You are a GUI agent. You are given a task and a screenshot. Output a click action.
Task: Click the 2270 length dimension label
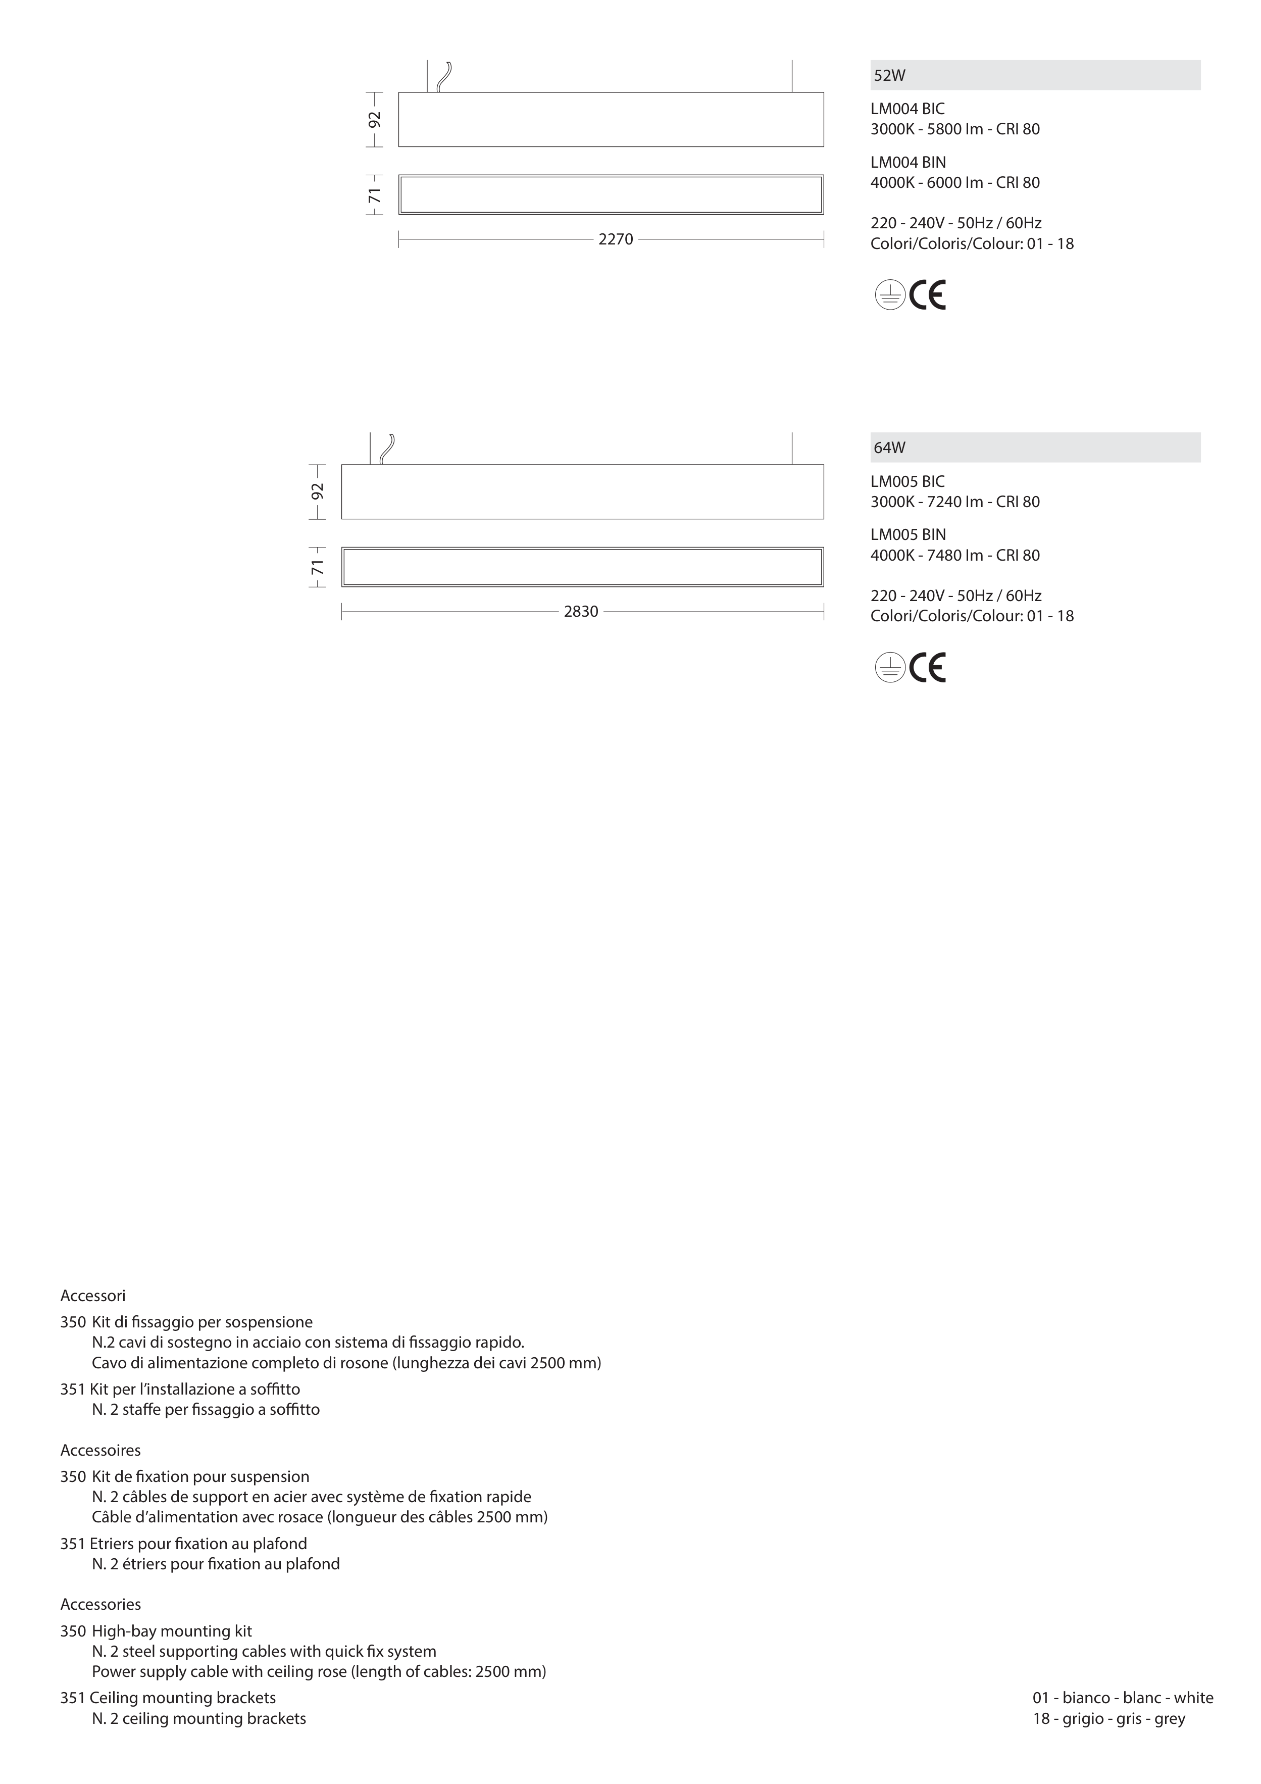pyautogui.click(x=615, y=239)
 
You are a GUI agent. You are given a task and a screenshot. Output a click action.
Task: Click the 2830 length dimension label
pyautogui.click(x=581, y=612)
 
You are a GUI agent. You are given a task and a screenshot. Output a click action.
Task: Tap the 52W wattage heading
pyautogui.click(x=890, y=75)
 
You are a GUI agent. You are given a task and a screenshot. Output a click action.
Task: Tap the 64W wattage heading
pyautogui.click(x=890, y=448)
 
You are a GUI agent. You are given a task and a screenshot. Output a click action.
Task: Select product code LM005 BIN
pyautogui.click(x=909, y=534)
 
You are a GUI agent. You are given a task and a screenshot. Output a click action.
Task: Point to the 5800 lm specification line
pyautogui.click(x=955, y=129)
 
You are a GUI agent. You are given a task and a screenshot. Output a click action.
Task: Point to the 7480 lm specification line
pyautogui.click(x=955, y=555)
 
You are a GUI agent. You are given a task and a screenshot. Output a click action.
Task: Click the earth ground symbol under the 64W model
pyautogui.click(x=890, y=667)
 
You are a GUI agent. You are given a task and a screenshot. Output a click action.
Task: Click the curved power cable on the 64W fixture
pyautogui.click(x=387, y=449)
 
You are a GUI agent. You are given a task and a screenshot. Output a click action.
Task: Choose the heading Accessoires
pyautogui.click(x=100, y=1450)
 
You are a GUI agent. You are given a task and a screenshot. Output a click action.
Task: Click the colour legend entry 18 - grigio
pyautogui.click(x=1108, y=1718)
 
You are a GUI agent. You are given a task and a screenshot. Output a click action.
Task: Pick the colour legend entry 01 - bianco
pyautogui.click(x=1123, y=1698)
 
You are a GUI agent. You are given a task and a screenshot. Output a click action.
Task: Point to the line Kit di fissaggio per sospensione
pyautogui.click(x=202, y=1322)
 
